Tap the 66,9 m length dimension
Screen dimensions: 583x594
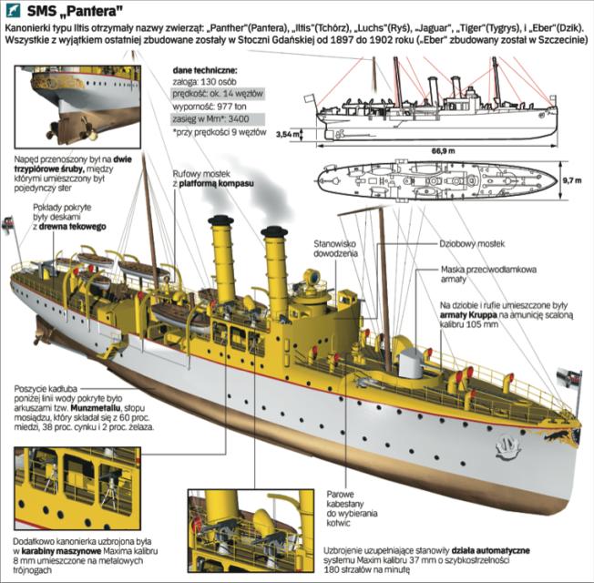(443, 150)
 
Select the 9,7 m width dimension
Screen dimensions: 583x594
(572, 181)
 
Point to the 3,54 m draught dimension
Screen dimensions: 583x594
(286, 135)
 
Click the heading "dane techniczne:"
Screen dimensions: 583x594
(210, 68)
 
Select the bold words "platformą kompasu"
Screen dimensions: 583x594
(216, 184)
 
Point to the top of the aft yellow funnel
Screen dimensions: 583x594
(221, 221)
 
